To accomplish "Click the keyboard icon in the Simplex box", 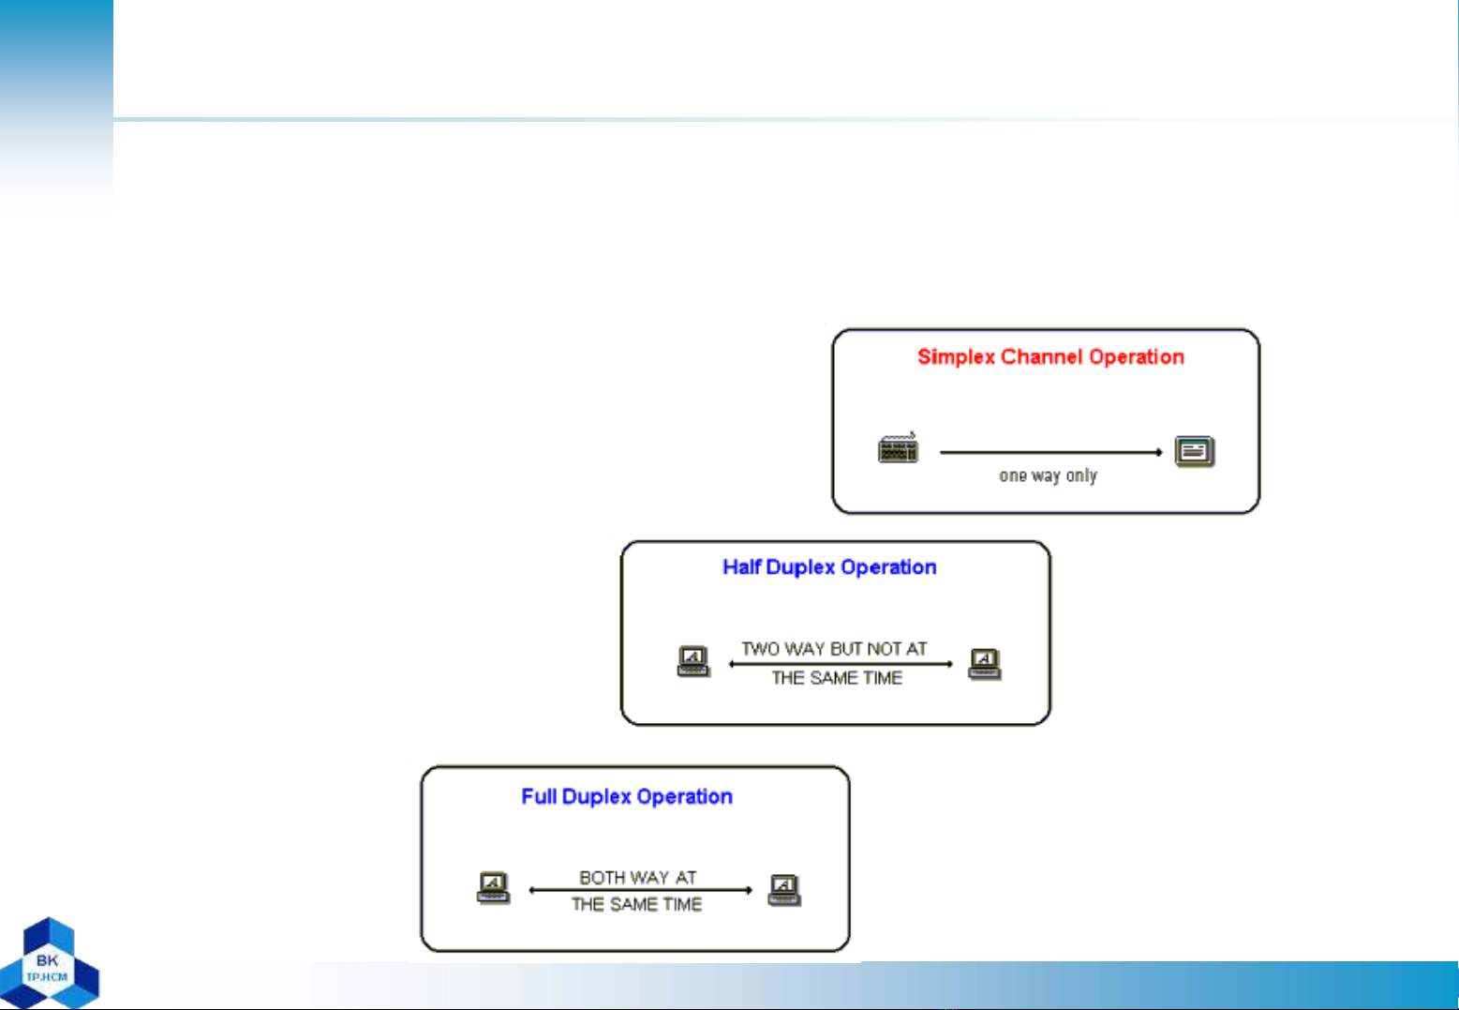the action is pyautogui.click(x=899, y=447).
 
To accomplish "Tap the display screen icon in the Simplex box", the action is pyautogui.click(x=1195, y=451).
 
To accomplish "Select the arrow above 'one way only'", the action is pyautogui.click(x=1051, y=452).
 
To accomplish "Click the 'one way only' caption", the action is pyautogui.click(x=1048, y=476).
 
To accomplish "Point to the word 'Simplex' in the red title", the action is pyautogui.click(x=956, y=357).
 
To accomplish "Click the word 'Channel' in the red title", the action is pyautogui.click(x=1041, y=356).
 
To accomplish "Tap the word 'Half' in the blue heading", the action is pyautogui.click(x=741, y=566).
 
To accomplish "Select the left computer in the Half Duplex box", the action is pyautogui.click(x=693, y=662).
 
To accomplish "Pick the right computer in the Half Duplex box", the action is pyautogui.click(x=984, y=664).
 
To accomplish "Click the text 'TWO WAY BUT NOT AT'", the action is pyautogui.click(x=834, y=649).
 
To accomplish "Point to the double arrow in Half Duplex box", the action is pyautogui.click(x=841, y=664).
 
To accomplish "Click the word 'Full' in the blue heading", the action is pyautogui.click(x=539, y=796).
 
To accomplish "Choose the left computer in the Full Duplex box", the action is pyautogui.click(x=493, y=887).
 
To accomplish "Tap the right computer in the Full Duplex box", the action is pyautogui.click(x=784, y=890).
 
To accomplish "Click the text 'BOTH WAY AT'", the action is pyautogui.click(x=637, y=878).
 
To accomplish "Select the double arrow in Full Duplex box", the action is pyautogui.click(x=640, y=890).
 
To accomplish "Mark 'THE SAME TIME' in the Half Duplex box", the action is pyautogui.click(x=837, y=678).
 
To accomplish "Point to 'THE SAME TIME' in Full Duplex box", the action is pyautogui.click(x=637, y=904).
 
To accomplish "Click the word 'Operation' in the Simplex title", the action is pyautogui.click(x=1137, y=357).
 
